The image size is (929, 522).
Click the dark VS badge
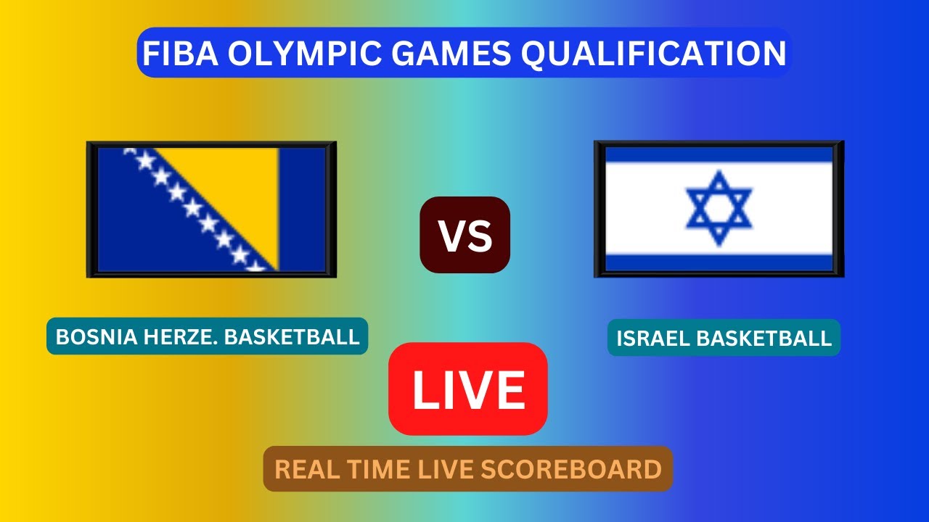coord(465,236)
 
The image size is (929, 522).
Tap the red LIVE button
coord(468,389)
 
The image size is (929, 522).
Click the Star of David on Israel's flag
coord(719,209)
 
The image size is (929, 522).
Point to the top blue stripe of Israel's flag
coord(719,154)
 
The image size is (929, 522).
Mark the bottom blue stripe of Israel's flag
coord(719,262)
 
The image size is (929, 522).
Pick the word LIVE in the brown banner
coord(442,469)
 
